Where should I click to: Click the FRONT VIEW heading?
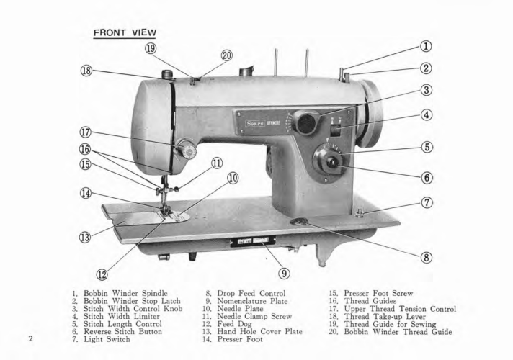point(125,33)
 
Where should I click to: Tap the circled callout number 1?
point(427,47)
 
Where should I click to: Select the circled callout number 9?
point(284,273)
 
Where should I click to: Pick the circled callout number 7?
point(427,202)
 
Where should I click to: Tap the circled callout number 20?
point(227,55)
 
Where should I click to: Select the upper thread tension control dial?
point(187,150)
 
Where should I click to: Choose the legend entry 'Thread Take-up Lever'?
point(396,322)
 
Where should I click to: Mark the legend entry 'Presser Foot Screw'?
point(388,294)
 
